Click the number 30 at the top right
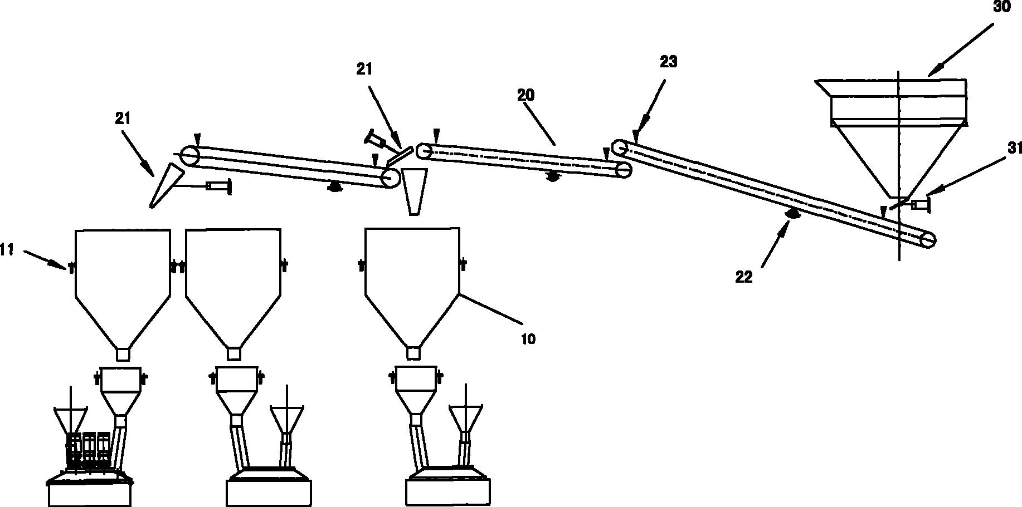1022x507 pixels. (x=1001, y=7)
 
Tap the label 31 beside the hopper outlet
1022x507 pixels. (x=1009, y=147)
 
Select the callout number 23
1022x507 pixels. (x=668, y=62)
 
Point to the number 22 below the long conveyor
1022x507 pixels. (x=744, y=277)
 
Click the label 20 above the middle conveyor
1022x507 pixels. (x=525, y=96)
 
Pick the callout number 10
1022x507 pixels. (x=528, y=338)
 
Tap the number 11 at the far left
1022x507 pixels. (x=6, y=250)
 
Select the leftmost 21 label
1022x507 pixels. (x=123, y=118)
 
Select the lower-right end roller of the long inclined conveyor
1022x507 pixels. (x=928, y=240)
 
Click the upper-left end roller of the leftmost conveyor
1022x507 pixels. (x=189, y=155)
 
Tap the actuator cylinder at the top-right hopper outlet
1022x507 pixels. (x=921, y=205)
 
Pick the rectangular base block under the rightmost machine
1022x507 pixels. (x=448, y=492)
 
